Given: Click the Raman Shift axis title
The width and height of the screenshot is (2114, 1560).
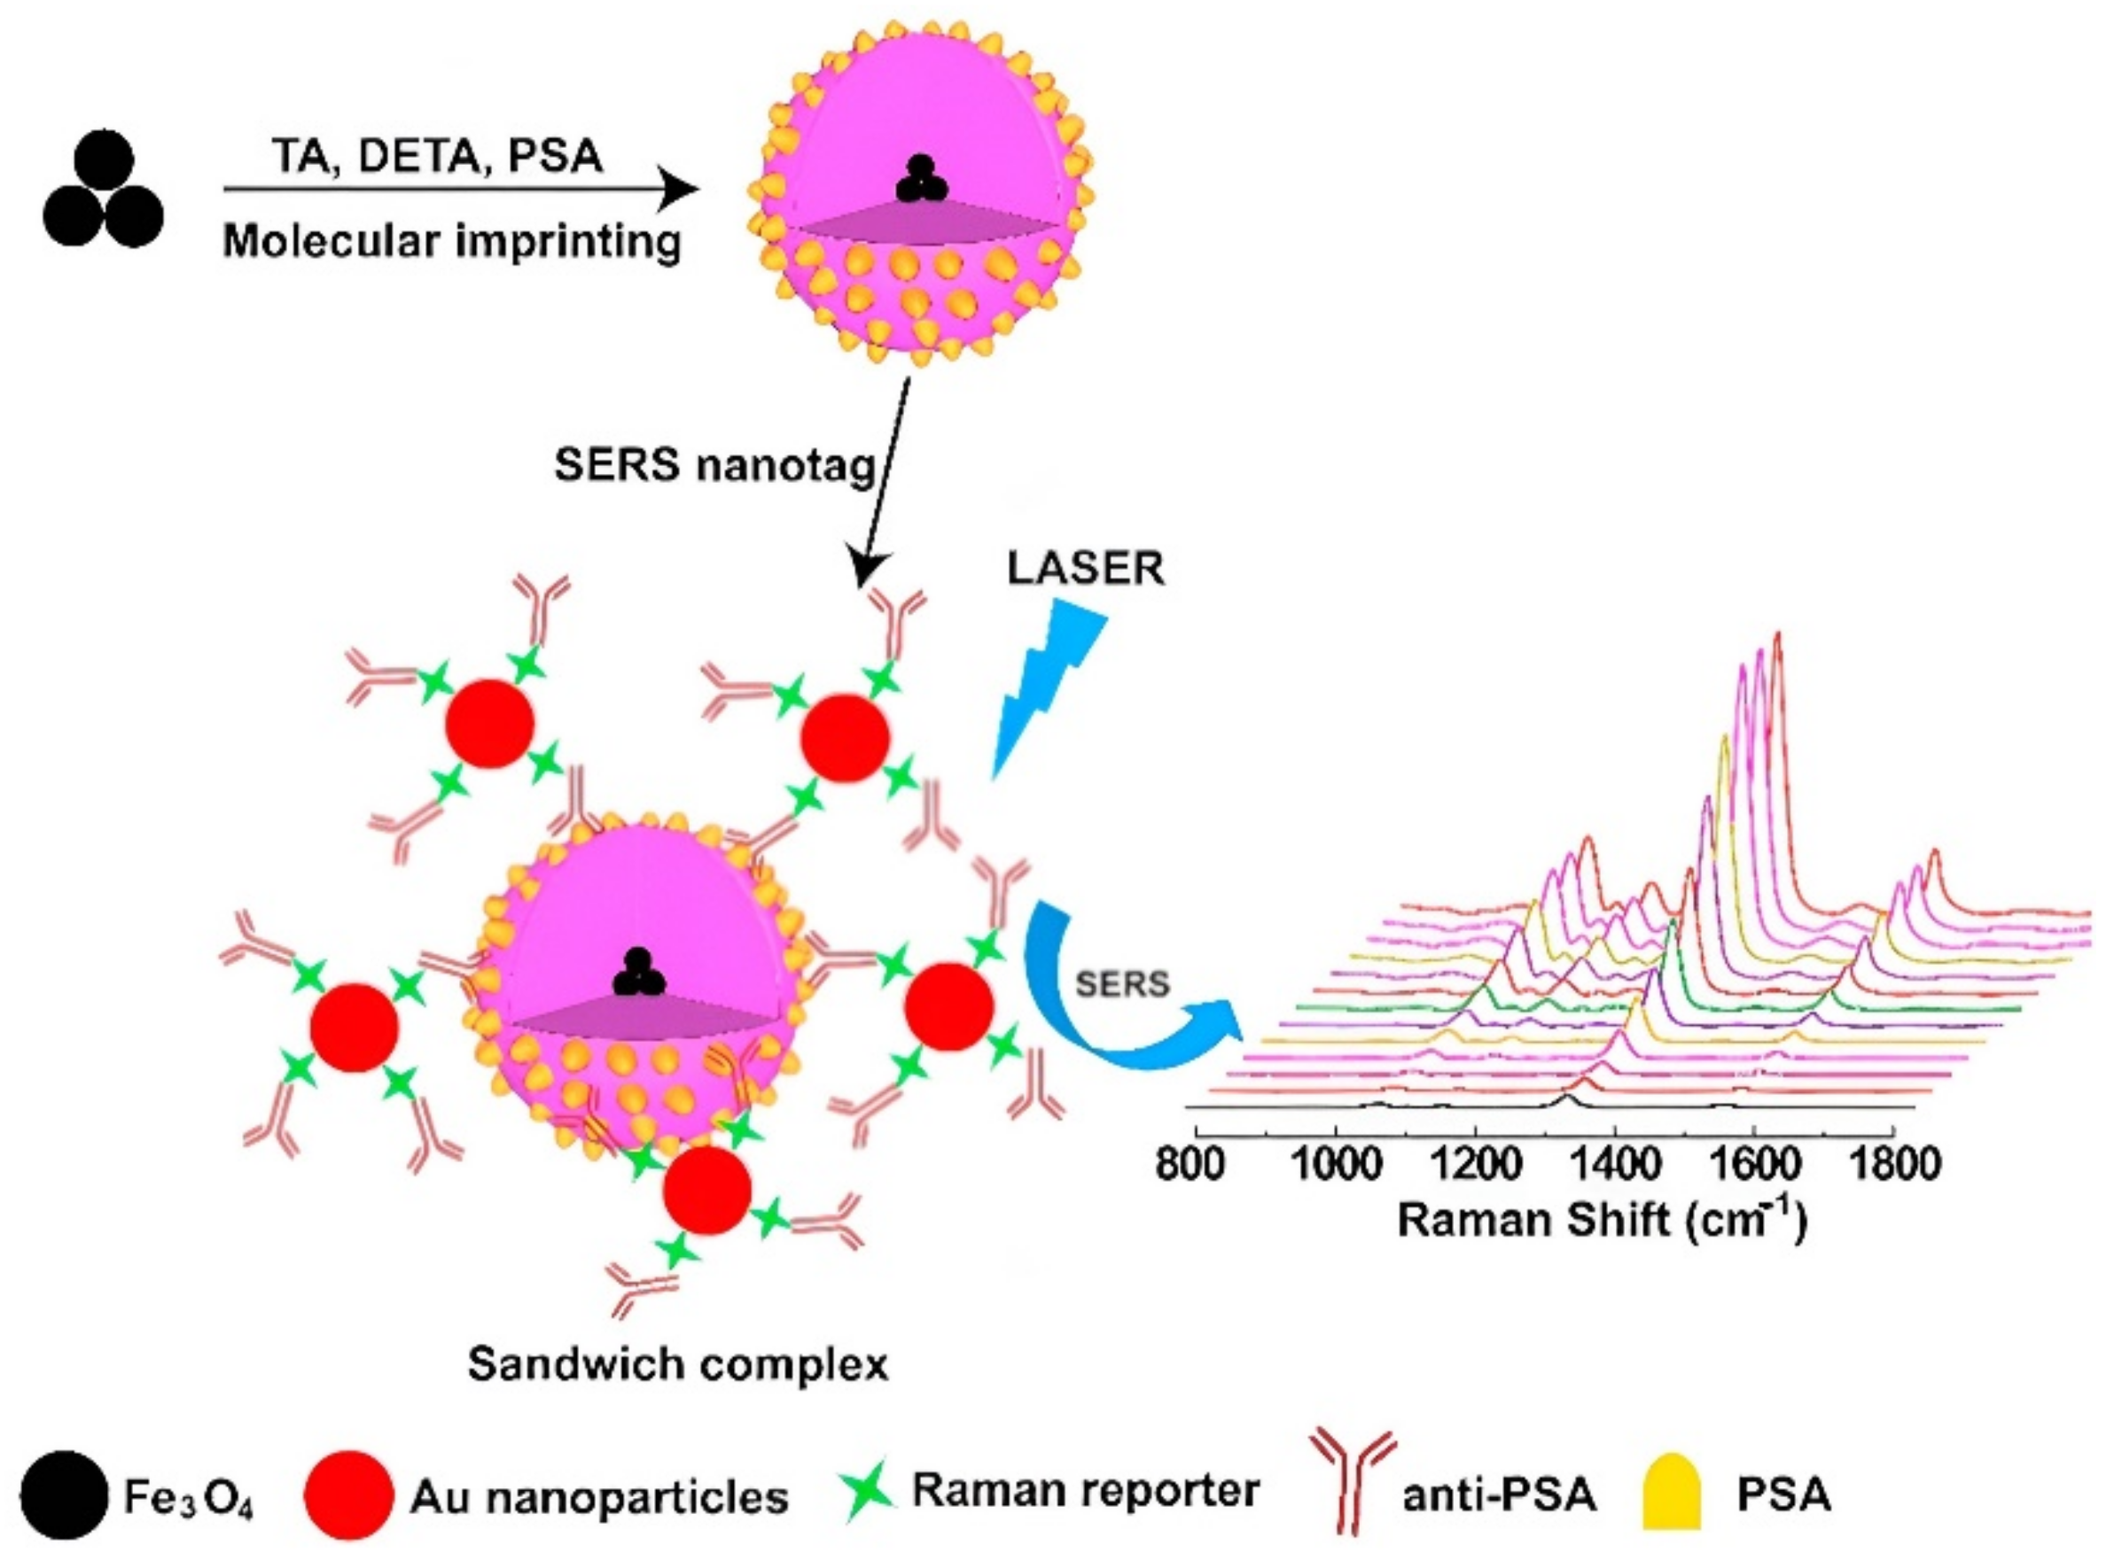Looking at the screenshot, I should coord(1600,1220).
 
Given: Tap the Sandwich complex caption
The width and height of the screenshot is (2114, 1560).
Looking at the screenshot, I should coord(678,1363).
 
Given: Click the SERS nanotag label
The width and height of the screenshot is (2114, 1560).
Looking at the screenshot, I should coord(715,466).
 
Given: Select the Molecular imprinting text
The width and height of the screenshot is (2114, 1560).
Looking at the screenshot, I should coord(451,242).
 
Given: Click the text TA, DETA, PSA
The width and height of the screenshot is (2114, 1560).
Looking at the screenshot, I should coord(438,156).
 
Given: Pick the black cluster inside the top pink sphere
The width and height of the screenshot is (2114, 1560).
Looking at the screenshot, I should coord(920,182).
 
